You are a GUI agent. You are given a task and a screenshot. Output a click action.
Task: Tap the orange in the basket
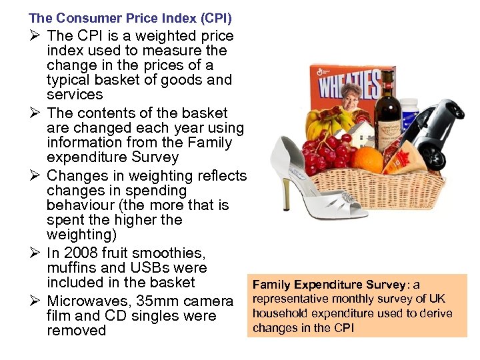(369, 159)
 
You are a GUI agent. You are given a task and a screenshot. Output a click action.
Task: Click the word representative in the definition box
(290, 299)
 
